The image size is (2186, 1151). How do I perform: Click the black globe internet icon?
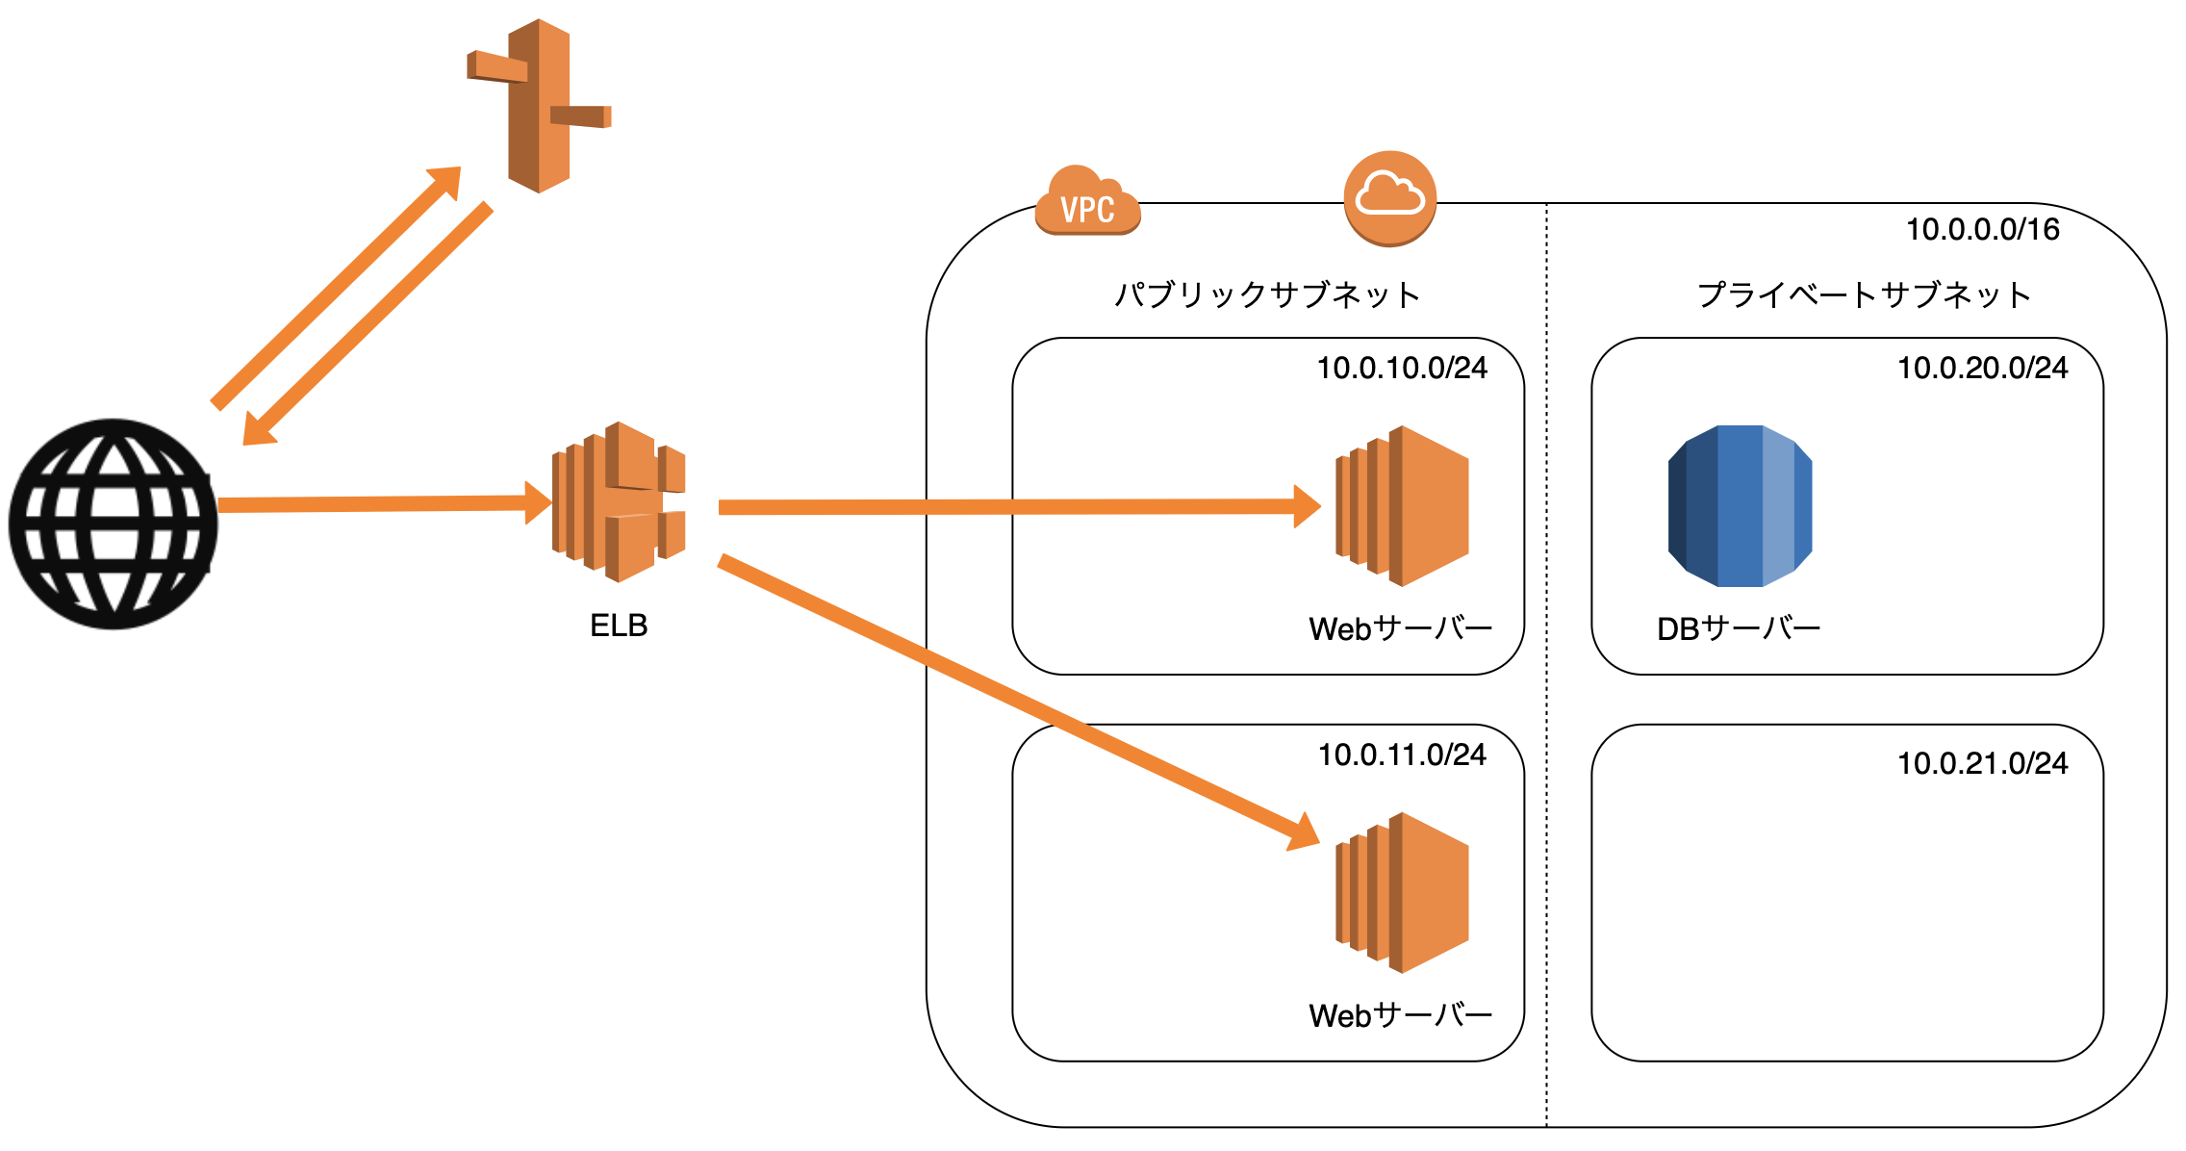pyautogui.click(x=114, y=524)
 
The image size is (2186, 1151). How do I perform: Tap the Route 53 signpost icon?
pyautogui.click(x=539, y=106)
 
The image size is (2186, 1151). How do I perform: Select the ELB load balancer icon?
pyautogui.click(x=619, y=502)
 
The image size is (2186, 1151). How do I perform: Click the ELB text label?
pyautogui.click(x=619, y=627)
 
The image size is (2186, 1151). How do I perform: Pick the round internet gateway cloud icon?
pyautogui.click(x=1389, y=198)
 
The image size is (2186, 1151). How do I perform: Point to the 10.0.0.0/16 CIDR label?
pyautogui.click(x=1983, y=230)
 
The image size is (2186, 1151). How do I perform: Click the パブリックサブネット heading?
pyautogui.click(x=1267, y=294)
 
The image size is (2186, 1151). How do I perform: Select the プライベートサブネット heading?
pyautogui.click(x=1864, y=294)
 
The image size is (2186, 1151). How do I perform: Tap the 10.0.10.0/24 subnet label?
pyautogui.click(x=1402, y=369)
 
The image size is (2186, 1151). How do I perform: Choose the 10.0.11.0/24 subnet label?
pyautogui.click(x=1402, y=755)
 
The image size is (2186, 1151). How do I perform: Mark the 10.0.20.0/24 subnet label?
pyautogui.click(x=1982, y=369)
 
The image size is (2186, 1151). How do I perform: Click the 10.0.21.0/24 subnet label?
pyautogui.click(x=1982, y=764)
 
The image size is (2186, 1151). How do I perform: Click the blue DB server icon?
pyautogui.click(x=1740, y=506)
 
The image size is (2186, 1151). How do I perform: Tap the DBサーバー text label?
pyautogui.click(x=1738, y=629)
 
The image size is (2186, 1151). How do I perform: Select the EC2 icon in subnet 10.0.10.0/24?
pyautogui.click(x=1402, y=506)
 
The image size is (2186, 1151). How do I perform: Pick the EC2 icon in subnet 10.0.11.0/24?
pyautogui.click(x=1402, y=893)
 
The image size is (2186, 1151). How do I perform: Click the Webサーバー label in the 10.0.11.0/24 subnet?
pyautogui.click(x=1400, y=1016)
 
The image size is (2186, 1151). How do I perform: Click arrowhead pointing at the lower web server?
pyautogui.click(x=1304, y=833)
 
